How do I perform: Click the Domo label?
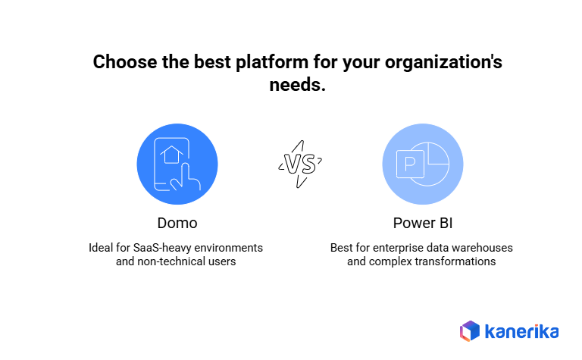tap(177, 223)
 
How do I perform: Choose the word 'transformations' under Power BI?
tap(457, 261)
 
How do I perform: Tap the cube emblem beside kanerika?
tap(470, 331)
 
